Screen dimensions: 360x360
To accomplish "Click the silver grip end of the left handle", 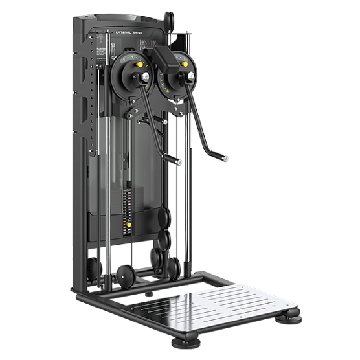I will click(x=177, y=161).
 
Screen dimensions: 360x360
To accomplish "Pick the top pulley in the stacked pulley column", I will click(x=165, y=217).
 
